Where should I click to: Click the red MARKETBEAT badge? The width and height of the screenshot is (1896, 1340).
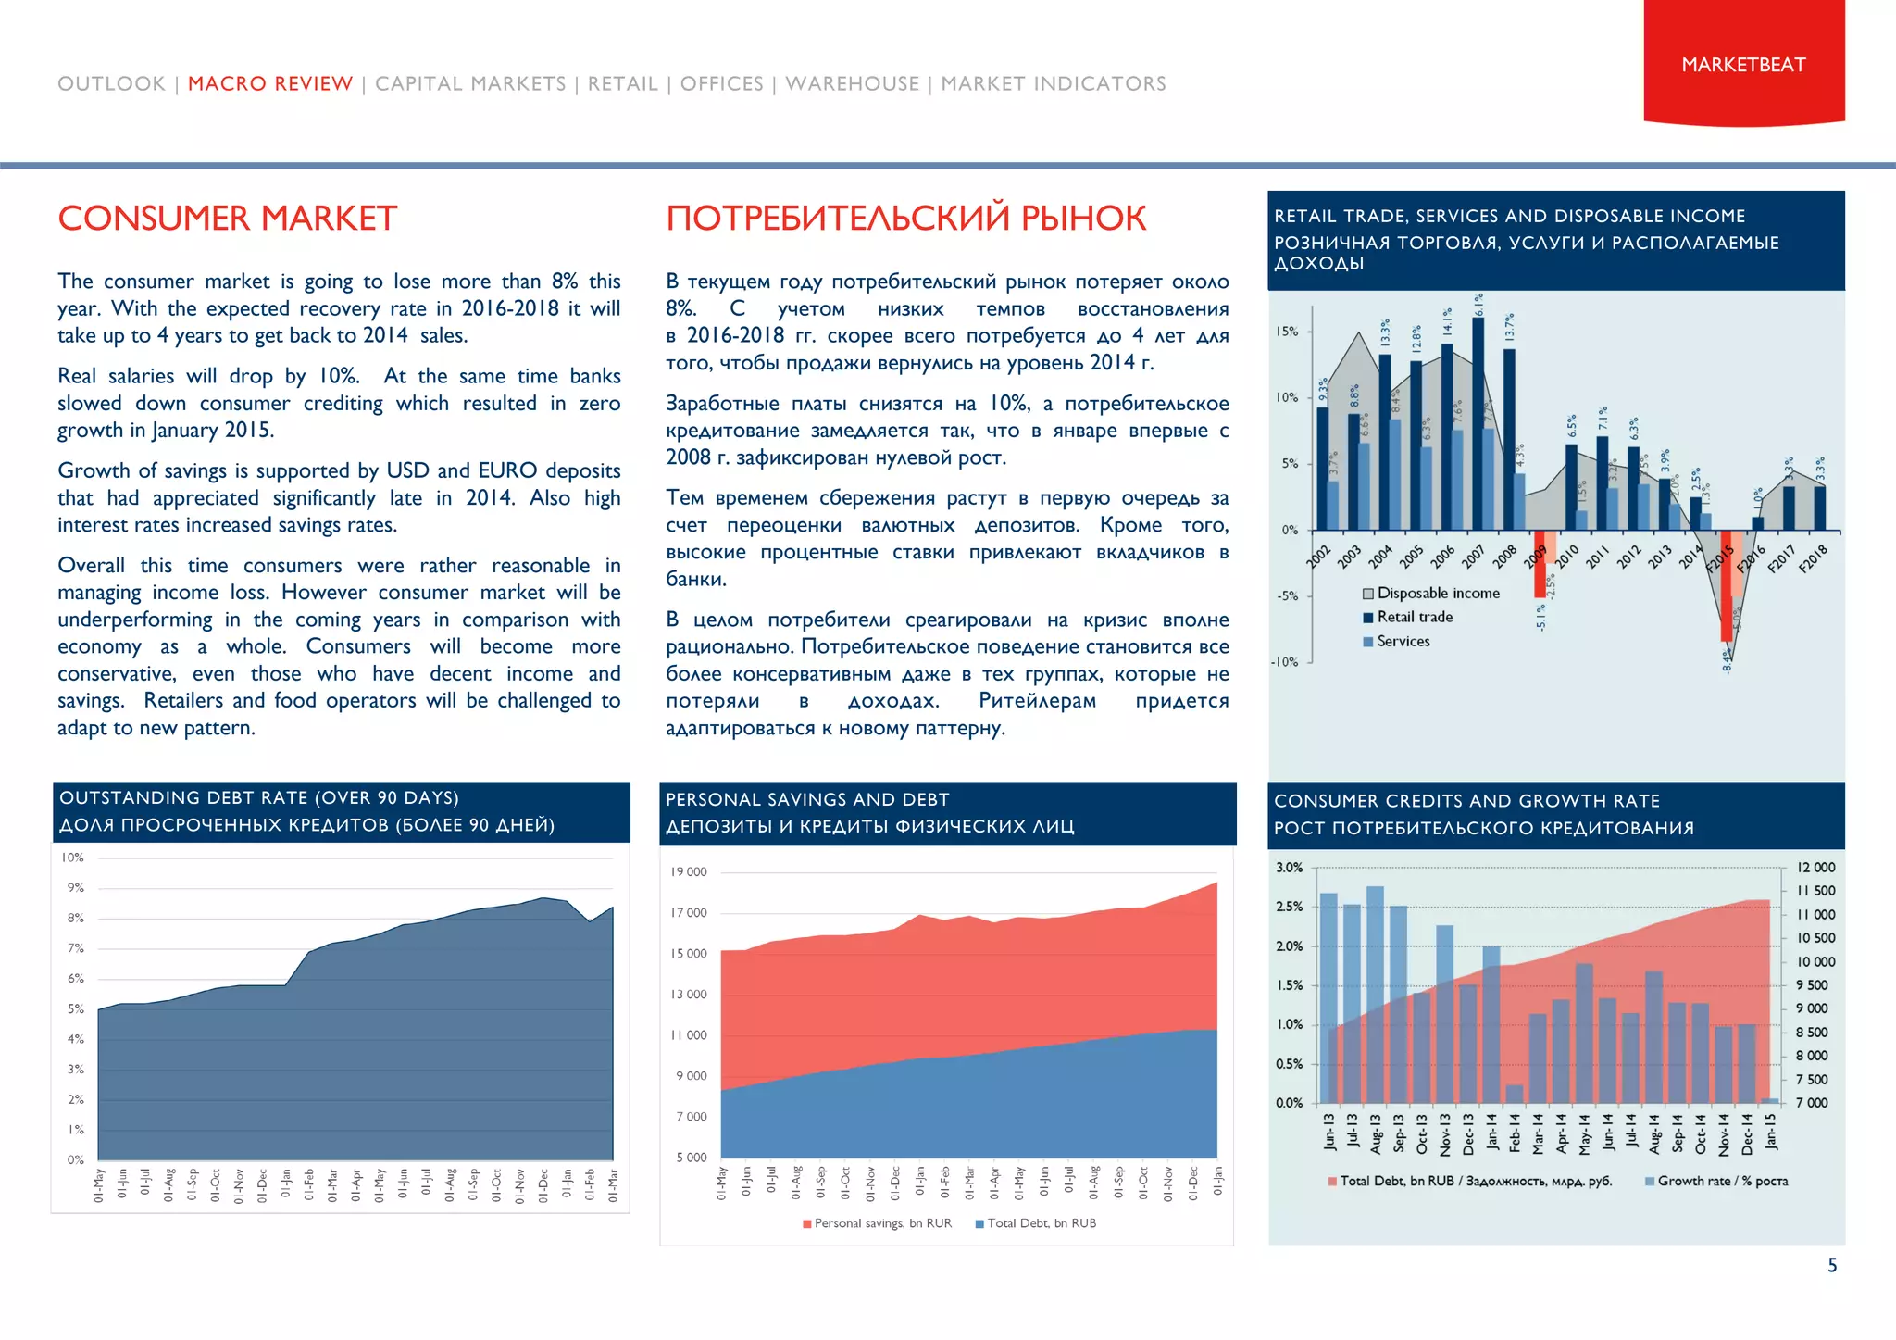[1743, 63]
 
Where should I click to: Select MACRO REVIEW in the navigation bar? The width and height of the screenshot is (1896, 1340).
[270, 83]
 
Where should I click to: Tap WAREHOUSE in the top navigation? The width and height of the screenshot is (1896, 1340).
[852, 83]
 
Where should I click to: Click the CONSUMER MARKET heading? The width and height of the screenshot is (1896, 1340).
[228, 219]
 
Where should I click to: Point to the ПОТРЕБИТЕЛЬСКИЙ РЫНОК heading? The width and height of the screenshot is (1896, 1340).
[905, 219]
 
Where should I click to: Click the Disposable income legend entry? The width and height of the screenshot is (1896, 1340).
[1437, 593]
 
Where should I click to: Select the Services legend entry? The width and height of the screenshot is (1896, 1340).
[1403, 641]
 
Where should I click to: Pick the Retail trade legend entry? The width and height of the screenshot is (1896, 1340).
[1414, 617]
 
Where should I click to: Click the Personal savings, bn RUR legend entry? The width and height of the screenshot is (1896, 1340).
[881, 1223]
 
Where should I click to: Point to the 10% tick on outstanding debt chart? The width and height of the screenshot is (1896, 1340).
[72, 858]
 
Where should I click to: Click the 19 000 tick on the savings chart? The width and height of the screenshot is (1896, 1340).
[689, 871]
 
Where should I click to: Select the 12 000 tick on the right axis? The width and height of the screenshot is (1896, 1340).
[1815, 868]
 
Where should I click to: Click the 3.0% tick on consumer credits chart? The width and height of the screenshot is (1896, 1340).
[1289, 868]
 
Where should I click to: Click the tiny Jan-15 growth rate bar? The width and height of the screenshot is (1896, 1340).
[1770, 1100]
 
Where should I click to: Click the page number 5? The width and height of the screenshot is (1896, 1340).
[1832, 1265]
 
